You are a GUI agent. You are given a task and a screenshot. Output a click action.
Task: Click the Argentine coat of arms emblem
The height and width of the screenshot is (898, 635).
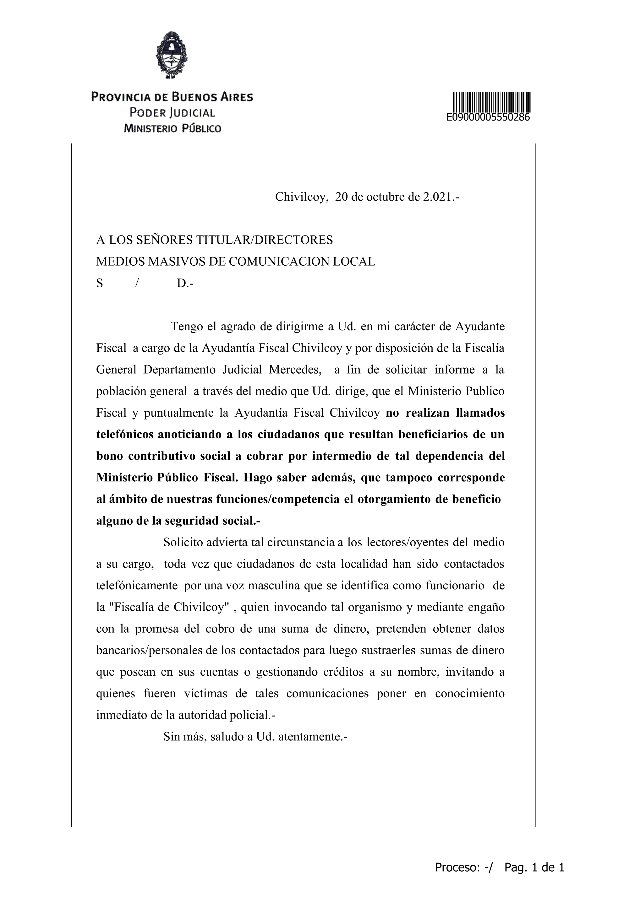[172, 55]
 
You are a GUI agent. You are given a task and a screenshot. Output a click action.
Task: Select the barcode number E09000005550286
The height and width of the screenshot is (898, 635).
[488, 117]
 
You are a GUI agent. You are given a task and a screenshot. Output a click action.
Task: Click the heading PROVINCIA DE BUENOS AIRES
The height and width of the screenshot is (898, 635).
[172, 97]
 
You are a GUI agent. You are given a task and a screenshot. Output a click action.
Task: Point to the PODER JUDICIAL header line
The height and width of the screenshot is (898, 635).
[172, 113]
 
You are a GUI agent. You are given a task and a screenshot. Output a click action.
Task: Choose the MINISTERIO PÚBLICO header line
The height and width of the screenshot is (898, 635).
[172, 128]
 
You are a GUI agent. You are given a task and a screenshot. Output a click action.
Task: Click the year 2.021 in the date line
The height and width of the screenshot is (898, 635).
[436, 197]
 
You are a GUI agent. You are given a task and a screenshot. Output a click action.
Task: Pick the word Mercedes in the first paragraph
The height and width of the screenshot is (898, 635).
[294, 370]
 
